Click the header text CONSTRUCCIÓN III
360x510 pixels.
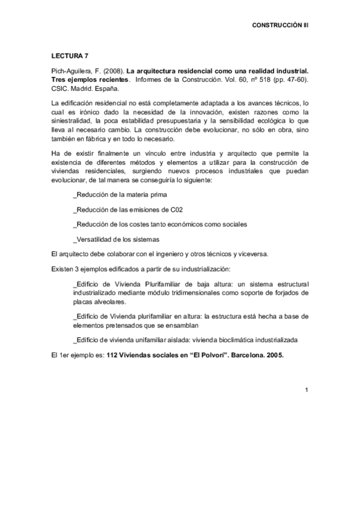click(x=280, y=26)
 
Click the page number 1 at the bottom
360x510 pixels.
click(x=306, y=390)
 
